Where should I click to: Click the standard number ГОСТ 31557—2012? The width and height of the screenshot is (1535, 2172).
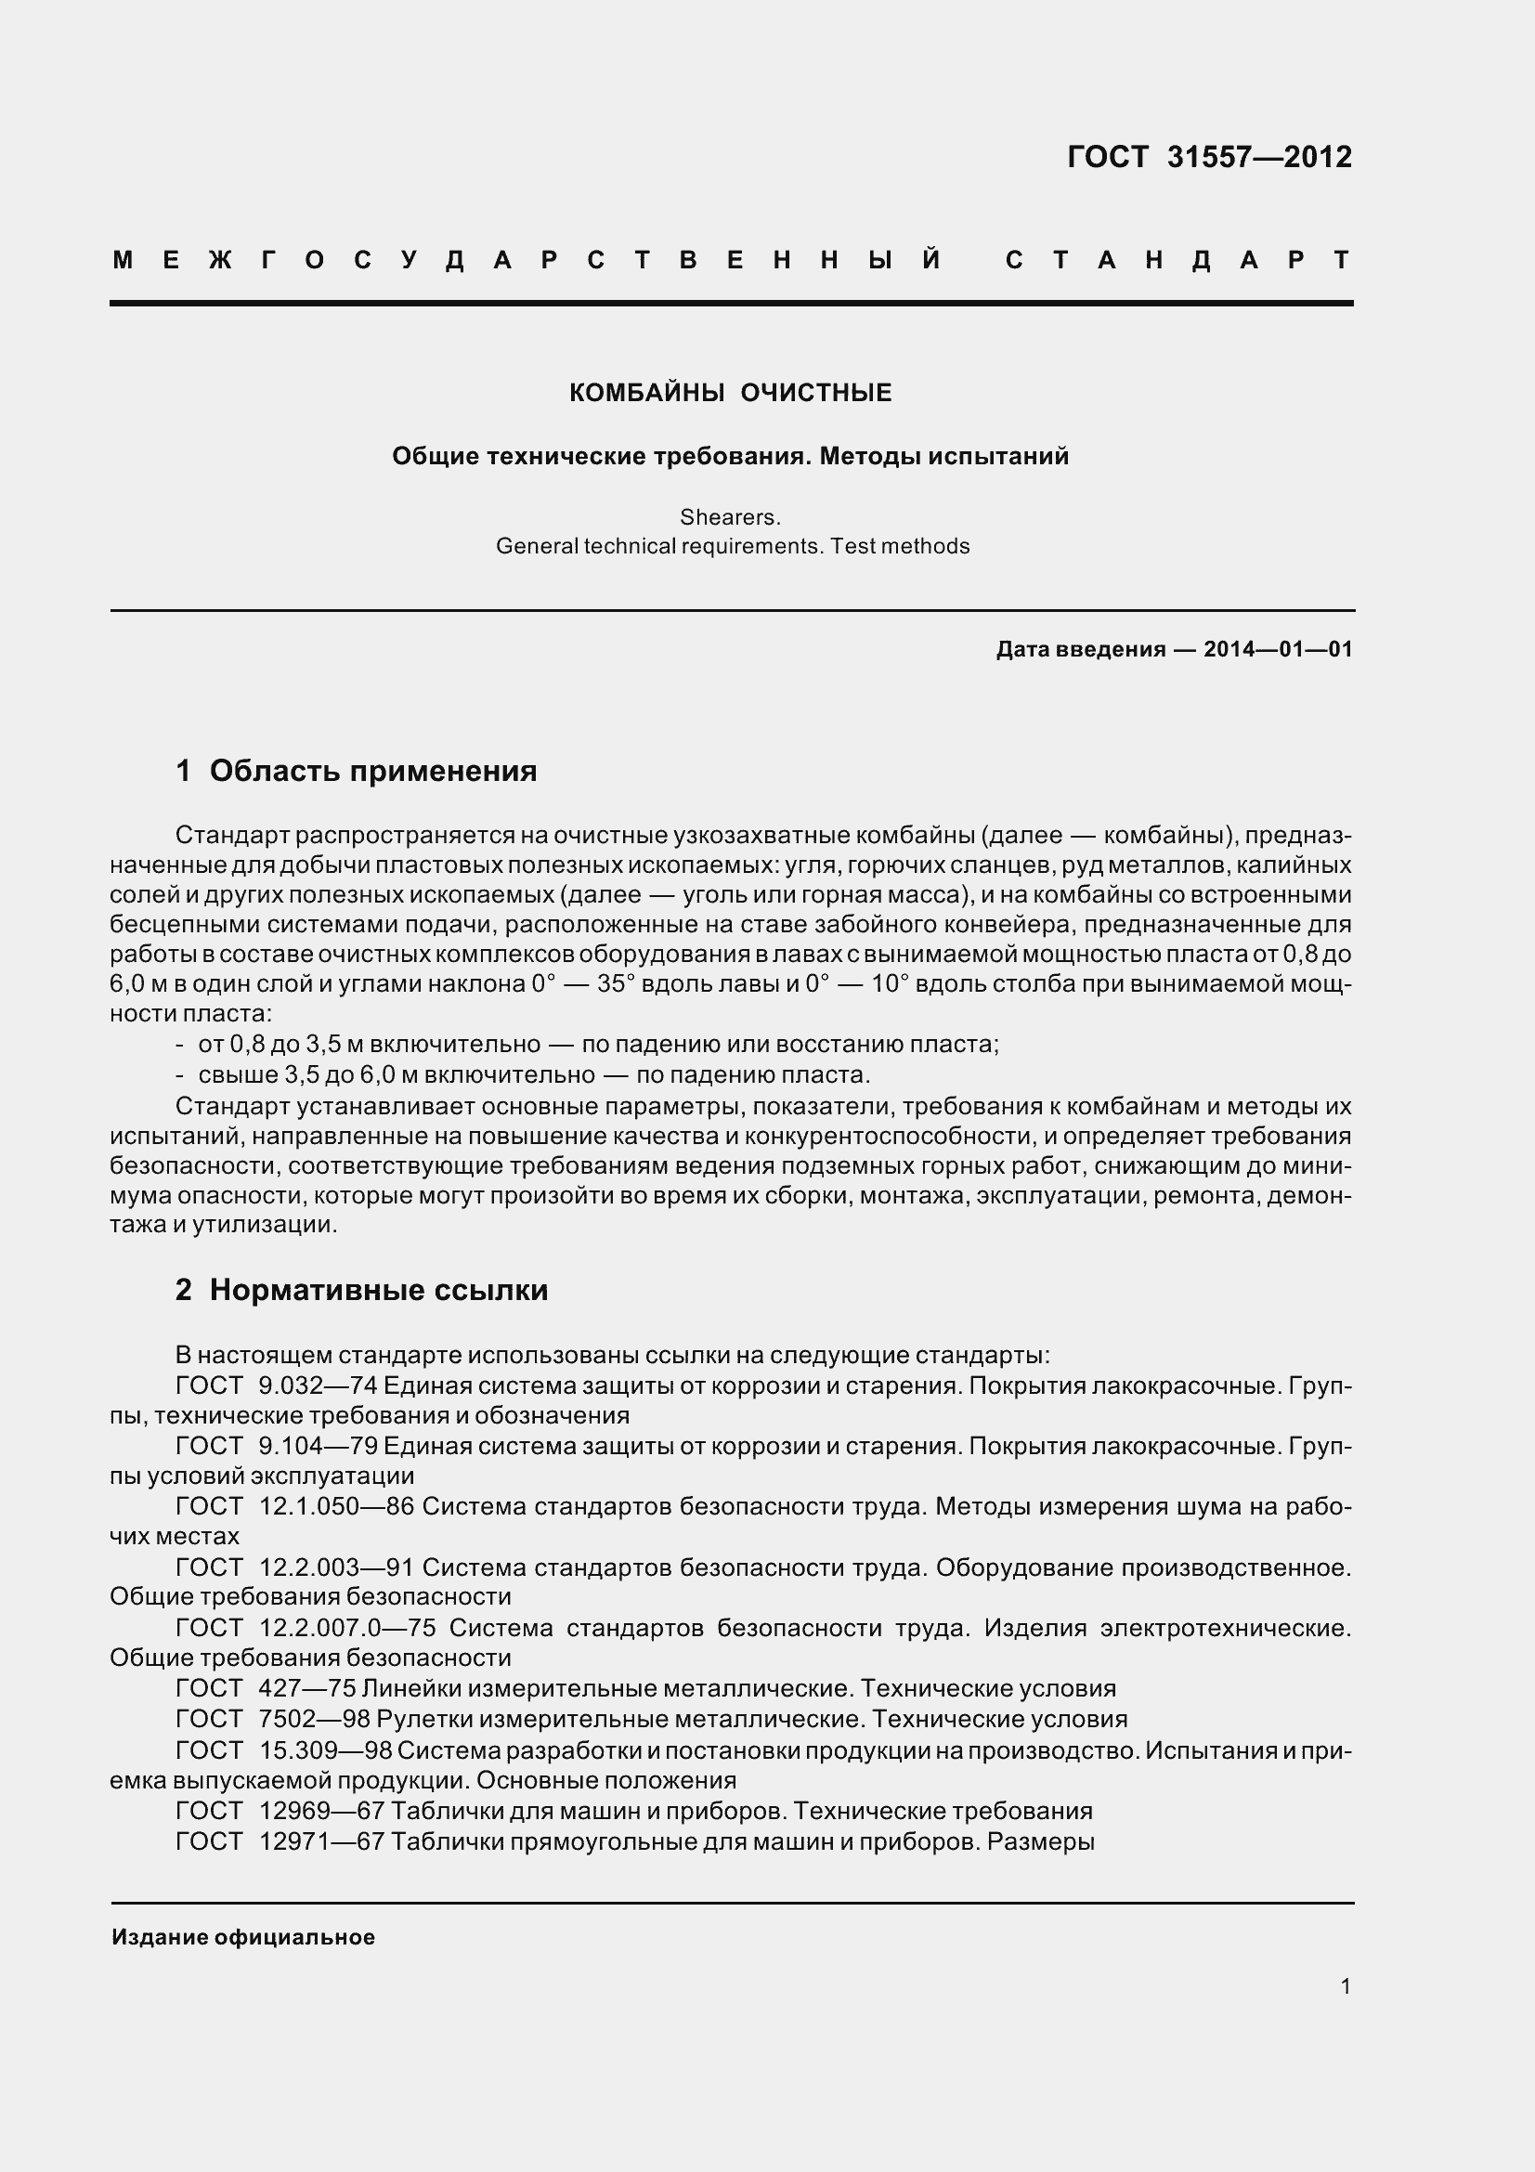(1209, 157)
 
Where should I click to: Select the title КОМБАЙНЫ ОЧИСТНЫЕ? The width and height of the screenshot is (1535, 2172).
(730, 393)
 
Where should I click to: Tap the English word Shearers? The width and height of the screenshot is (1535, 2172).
(730, 517)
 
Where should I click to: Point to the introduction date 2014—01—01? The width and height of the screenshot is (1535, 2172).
(1278, 649)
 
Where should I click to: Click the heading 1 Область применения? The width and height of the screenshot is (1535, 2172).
(357, 771)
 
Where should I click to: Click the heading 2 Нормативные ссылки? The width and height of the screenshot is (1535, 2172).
(362, 1291)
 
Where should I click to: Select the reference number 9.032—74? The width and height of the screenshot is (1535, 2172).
(318, 1385)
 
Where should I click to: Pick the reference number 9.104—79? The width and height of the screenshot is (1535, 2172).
(318, 1447)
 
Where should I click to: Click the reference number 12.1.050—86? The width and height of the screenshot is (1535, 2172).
(337, 1507)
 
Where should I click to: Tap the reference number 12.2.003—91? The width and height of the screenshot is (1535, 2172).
(337, 1567)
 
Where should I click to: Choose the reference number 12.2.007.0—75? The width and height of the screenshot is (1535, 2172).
(347, 1628)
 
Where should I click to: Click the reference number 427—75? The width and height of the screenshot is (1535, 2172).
(306, 1688)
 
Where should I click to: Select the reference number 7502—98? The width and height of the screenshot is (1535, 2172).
(314, 1719)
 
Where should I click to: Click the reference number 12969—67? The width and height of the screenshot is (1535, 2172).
(320, 1811)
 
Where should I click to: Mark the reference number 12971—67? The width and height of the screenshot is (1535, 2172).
(320, 1841)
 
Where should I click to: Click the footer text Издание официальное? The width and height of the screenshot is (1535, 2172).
(243, 1937)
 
